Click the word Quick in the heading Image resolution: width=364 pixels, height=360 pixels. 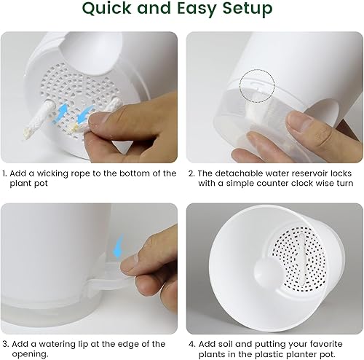[x=110, y=9]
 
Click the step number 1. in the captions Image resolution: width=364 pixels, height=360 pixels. [x=6, y=173]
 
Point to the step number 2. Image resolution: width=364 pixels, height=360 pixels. [x=192, y=173]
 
